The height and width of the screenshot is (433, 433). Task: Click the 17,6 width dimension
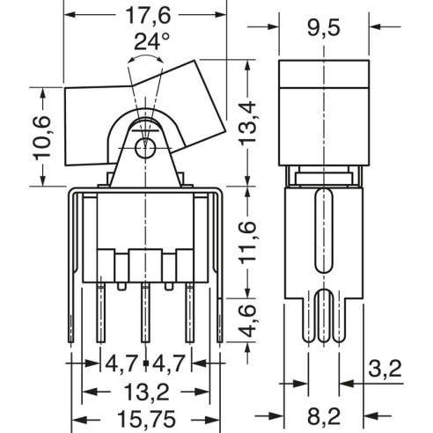(x=148, y=15)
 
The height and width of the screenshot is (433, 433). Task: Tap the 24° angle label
(x=151, y=41)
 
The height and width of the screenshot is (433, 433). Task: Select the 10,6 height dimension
(x=42, y=138)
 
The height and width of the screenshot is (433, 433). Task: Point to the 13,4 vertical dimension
(x=248, y=122)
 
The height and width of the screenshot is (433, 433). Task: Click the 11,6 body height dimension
(x=248, y=242)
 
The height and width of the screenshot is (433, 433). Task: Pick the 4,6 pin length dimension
(x=248, y=320)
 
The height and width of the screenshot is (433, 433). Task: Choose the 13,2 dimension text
(x=147, y=392)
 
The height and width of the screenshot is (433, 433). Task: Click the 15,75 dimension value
(x=146, y=419)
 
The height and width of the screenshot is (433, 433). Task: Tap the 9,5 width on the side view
(x=324, y=28)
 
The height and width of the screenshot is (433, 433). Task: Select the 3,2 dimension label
(x=385, y=369)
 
